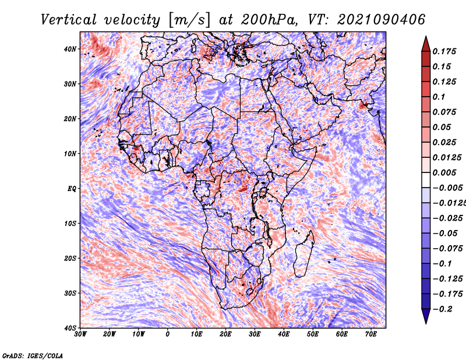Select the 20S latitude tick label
tap(70, 258)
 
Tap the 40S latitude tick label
tap(70, 327)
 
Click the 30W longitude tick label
tap(80, 334)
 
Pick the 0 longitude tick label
tap(168, 334)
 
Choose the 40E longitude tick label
tap(284, 334)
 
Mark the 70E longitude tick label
tap(371, 334)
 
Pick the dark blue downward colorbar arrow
tap(426, 316)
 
